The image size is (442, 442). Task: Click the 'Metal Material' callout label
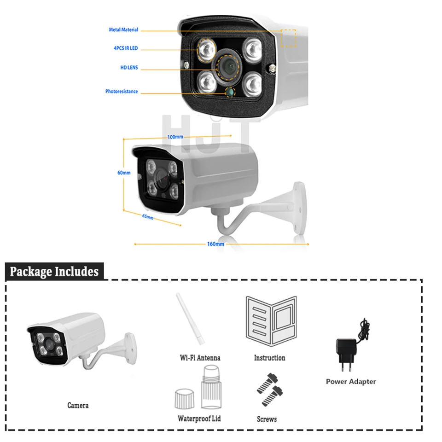[123, 30]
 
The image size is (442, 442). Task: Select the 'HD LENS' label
[129, 68]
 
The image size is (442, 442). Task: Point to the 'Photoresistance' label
[122, 92]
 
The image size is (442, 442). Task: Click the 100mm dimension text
[175, 137]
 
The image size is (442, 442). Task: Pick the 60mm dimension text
[124, 173]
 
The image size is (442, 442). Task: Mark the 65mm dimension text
[147, 216]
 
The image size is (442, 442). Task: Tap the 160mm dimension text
[215, 244]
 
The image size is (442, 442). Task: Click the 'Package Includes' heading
[54, 271]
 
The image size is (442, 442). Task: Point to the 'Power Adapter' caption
[351, 381]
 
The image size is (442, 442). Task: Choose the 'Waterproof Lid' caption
[199, 418]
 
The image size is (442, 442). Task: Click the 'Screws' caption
[267, 419]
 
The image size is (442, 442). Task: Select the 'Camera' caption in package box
[78, 405]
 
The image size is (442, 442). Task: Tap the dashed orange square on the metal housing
[289, 38]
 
